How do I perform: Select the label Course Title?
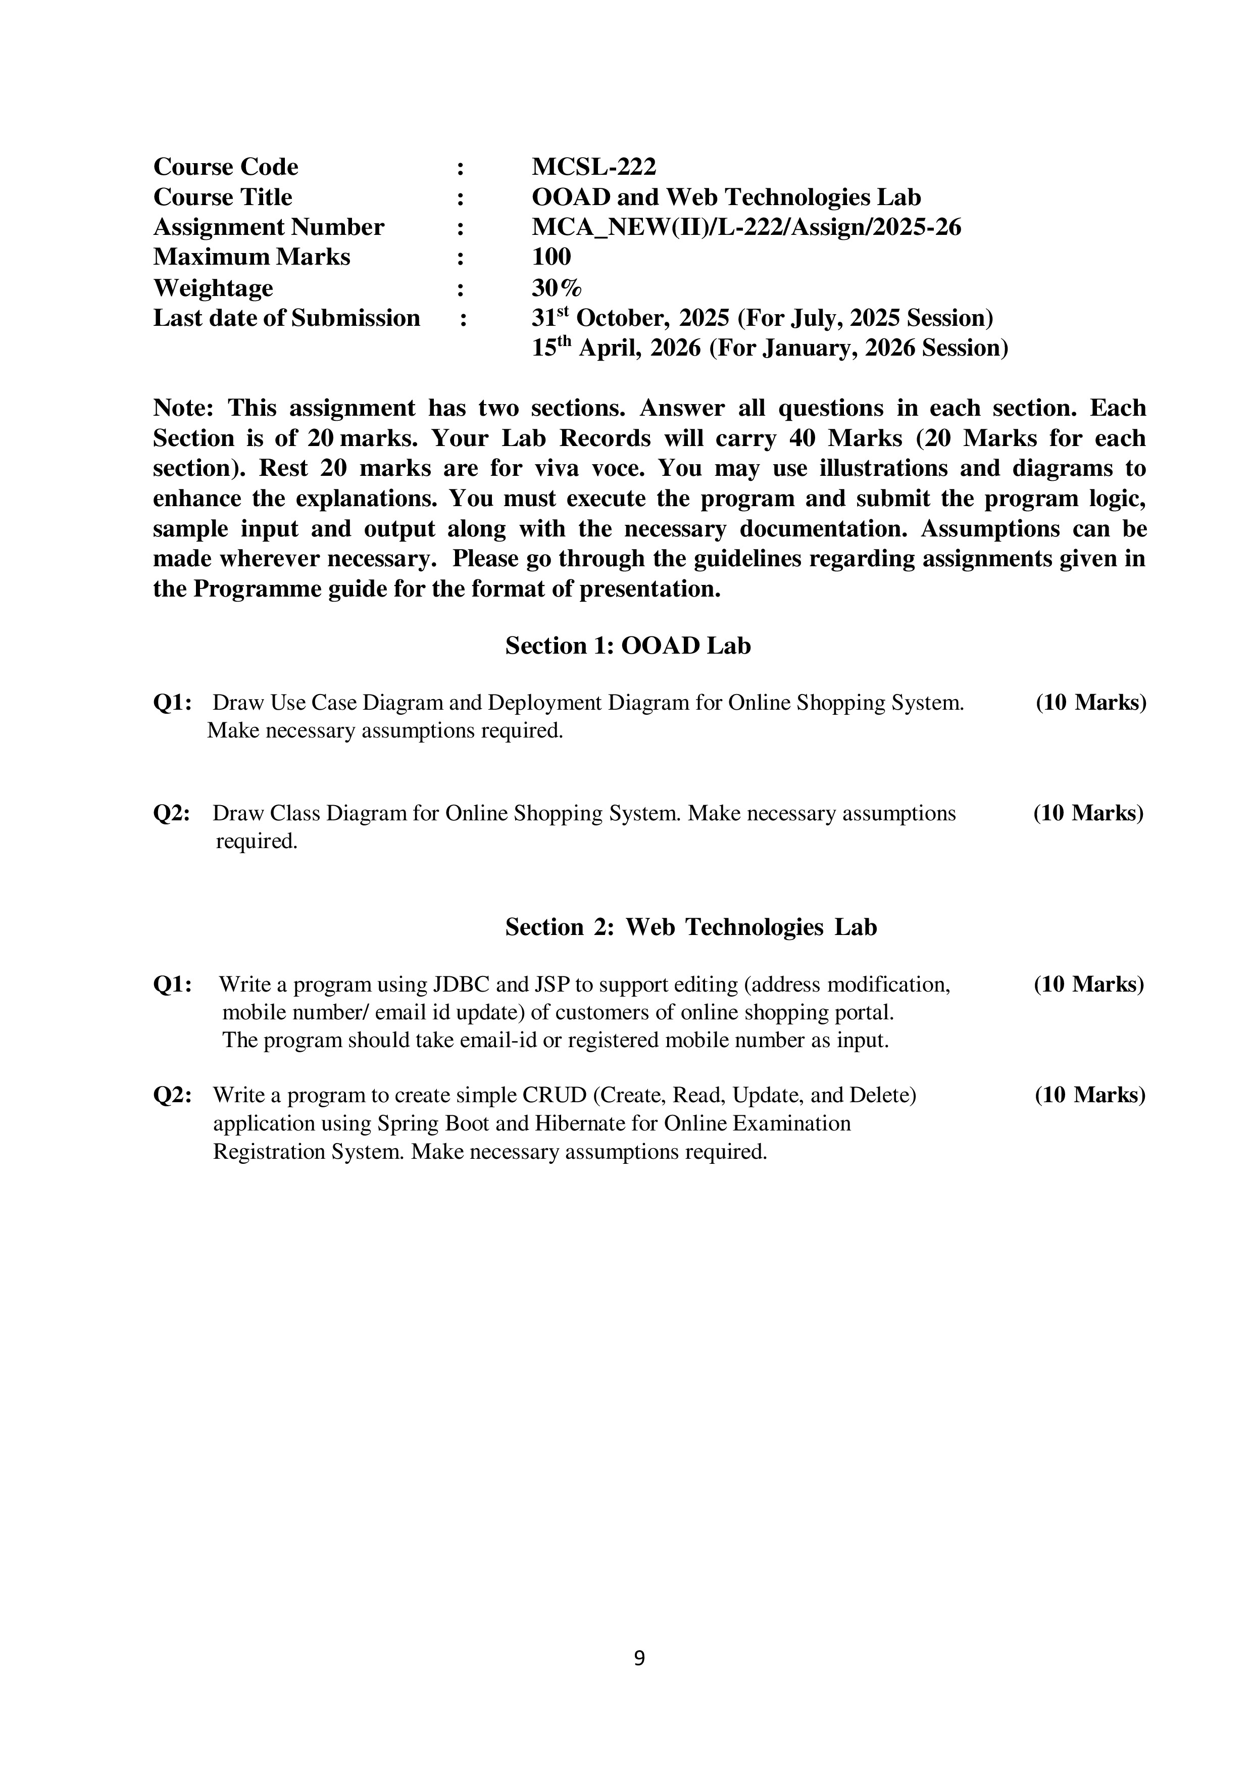(222, 197)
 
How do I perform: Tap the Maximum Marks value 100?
(551, 257)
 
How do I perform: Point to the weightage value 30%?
(557, 288)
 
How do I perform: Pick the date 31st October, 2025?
(630, 318)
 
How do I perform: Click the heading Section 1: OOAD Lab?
(628, 646)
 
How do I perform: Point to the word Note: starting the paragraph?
(183, 408)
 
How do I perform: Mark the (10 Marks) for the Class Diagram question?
(1088, 813)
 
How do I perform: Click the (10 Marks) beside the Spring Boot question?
(1090, 1095)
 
